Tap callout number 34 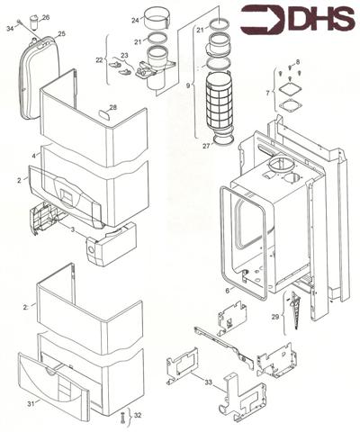(x=11, y=29)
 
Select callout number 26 (x=46, y=18)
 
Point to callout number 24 (x=136, y=20)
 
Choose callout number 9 (x=189, y=86)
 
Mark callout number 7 (x=266, y=93)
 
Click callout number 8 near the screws (x=298, y=61)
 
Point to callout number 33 (x=209, y=382)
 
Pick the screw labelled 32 (x=121, y=417)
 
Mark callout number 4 (x=35, y=156)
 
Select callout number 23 (x=125, y=55)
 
